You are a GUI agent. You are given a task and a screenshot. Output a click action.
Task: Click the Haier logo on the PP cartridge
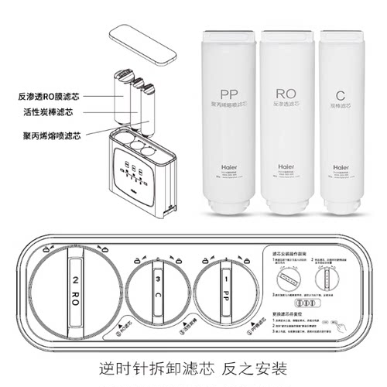(228, 165)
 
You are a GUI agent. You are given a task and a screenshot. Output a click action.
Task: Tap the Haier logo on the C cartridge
(341, 165)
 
